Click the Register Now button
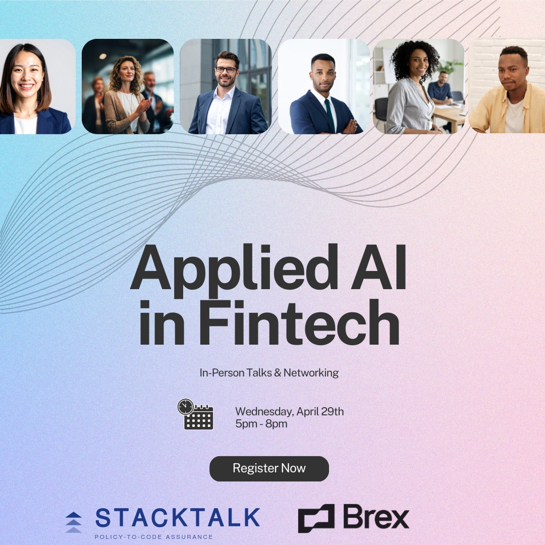click(x=269, y=468)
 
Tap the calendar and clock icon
click(x=196, y=414)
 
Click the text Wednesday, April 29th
click(x=289, y=411)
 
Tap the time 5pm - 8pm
click(x=261, y=424)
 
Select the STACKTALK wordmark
click(x=178, y=518)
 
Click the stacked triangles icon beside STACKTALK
click(x=74, y=522)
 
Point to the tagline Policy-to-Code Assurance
click(x=154, y=537)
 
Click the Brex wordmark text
click(x=376, y=517)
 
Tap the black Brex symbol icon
click(x=316, y=518)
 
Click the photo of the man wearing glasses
click(x=226, y=86)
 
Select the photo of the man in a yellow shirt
click(x=507, y=86)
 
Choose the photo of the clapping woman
click(x=128, y=86)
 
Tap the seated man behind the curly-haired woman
click(x=442, y=88)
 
